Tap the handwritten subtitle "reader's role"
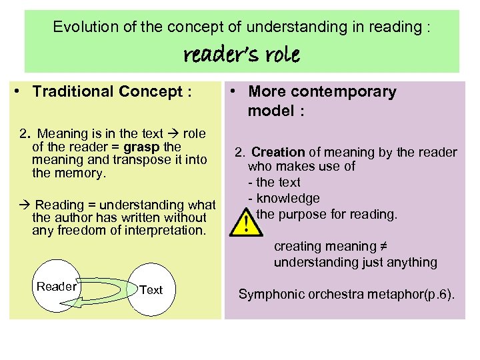point(241,54)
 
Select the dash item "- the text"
point(274,182)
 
